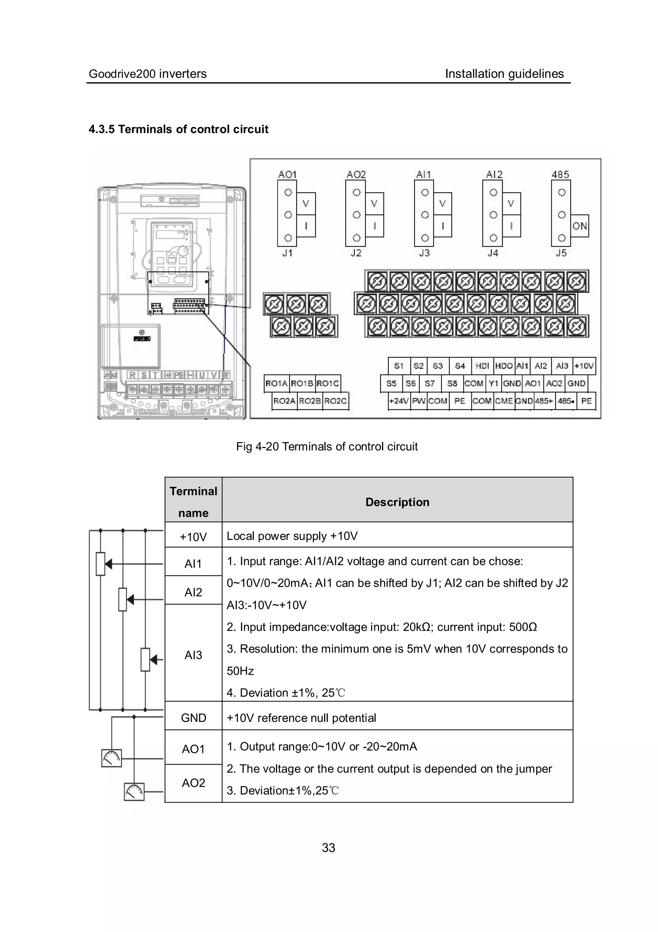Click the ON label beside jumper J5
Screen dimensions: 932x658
tap(579, 226)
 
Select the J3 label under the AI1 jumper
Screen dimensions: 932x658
tap(424, 253)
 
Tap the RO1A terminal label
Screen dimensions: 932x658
tap(276, 384)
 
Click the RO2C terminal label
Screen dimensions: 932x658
tap(335, 401)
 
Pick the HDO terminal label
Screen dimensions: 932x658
tap(504, 366)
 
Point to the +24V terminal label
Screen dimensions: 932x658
tap(399, 401)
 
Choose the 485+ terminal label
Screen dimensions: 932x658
tap(544, 401)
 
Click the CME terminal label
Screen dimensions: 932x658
tap(504, 401)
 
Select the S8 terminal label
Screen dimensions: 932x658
tap(452, 384)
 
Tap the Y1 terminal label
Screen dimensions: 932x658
tap(493, 384)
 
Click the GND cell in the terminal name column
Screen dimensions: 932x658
tap(193, 718)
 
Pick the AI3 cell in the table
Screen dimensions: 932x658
tap(193, 655)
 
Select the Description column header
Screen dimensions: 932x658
tap(397, 502)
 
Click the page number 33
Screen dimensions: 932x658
tap(328, 848)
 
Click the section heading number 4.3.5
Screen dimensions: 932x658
tap(102, 129)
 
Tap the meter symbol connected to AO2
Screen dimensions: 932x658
tap(134, 792)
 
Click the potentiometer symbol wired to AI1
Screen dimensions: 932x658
tap(101, 564)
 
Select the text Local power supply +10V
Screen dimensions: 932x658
tap(292, 536)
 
